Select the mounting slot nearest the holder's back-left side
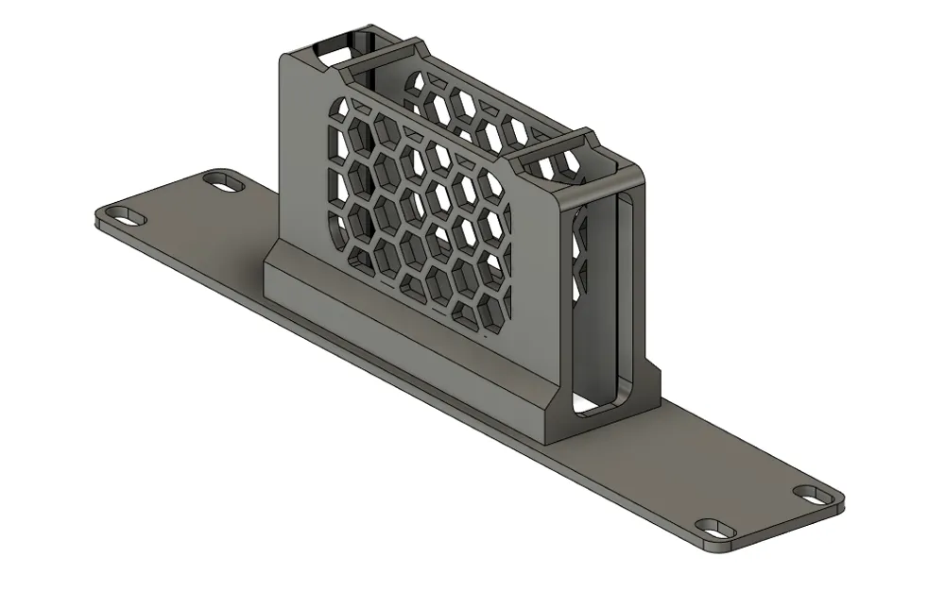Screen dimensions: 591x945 pos(224,180)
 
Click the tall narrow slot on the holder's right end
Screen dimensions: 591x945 pos(624,293)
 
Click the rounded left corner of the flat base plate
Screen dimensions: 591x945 pos(102,221)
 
